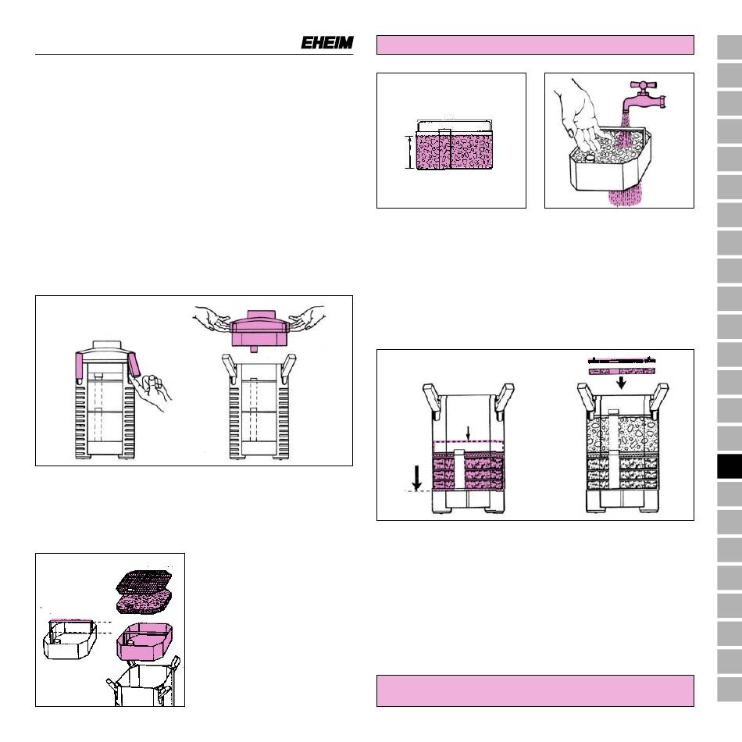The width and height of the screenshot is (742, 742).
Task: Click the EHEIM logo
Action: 327,43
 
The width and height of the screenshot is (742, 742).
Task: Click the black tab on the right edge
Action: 730,466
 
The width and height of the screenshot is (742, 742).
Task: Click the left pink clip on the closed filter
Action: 80,368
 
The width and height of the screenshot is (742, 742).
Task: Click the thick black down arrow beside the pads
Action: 417,478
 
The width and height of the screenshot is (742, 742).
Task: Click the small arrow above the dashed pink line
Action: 468,433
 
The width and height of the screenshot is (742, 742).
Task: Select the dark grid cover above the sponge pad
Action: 144,583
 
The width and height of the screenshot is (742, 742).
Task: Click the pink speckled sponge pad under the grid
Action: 144,605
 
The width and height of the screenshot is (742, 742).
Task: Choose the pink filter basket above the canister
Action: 144,642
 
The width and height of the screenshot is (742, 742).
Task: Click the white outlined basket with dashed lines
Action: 70,638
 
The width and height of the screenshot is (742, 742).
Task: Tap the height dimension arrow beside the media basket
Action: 410,152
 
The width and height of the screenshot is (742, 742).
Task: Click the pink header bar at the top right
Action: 535,45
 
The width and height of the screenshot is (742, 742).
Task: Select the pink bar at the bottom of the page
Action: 535,690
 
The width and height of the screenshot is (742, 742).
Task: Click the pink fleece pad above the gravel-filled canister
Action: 622,372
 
